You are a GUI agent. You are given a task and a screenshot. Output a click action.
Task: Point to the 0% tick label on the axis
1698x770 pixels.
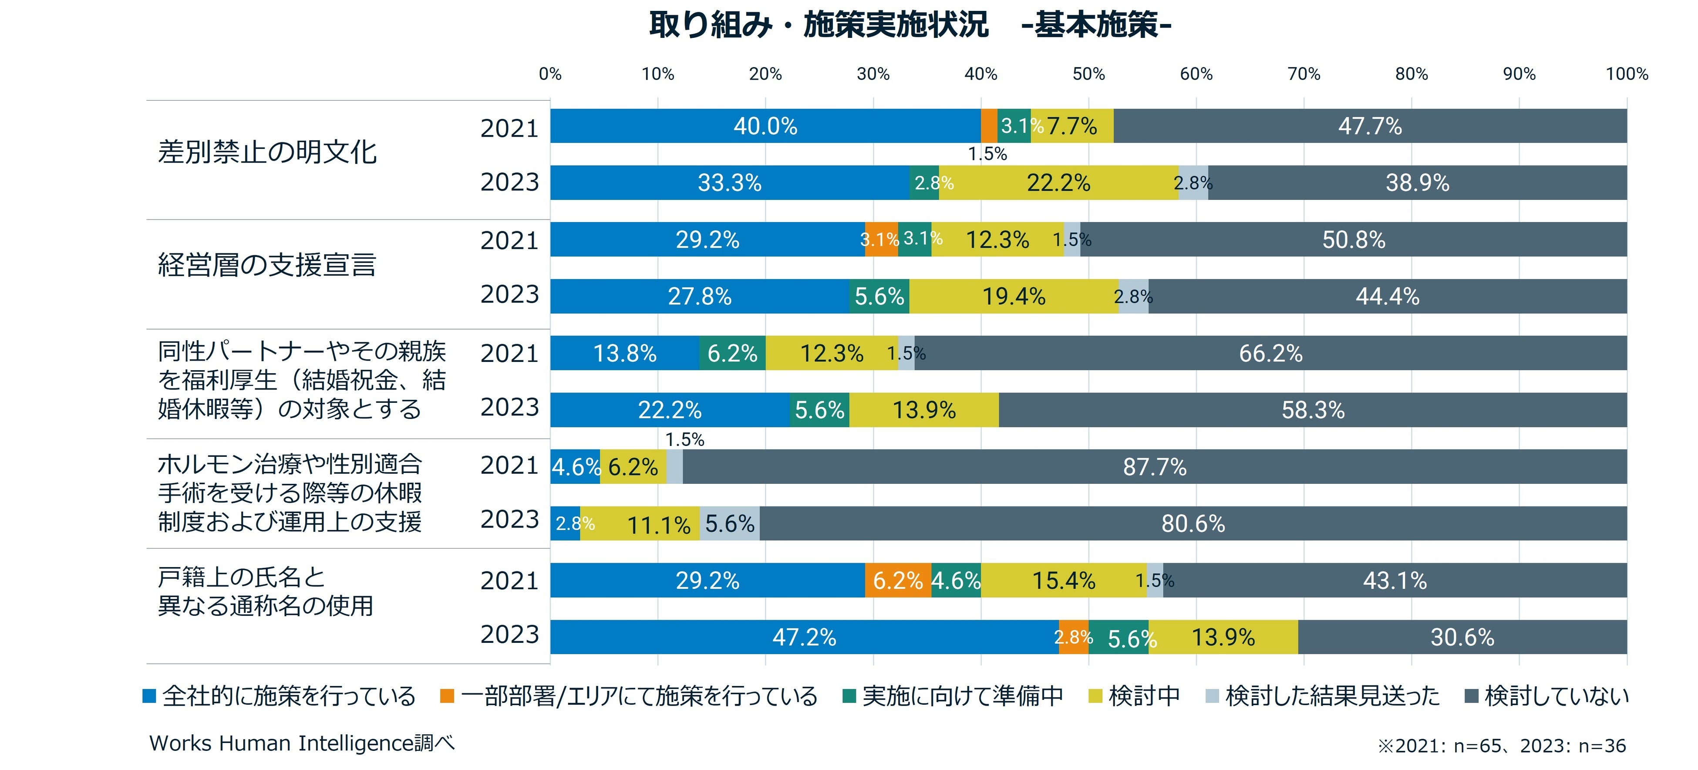550,74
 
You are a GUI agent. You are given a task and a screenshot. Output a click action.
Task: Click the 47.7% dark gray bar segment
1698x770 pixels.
1370,126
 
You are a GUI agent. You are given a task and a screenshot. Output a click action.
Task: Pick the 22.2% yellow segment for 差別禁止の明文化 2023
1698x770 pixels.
1058,182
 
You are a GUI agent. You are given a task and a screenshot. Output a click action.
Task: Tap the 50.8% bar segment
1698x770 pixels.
1353,239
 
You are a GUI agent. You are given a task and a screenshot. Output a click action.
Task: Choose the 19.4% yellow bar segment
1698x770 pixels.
1014,296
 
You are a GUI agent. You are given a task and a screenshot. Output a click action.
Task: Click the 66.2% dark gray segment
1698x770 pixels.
1270,353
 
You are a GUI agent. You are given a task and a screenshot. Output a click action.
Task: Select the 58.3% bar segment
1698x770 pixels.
1312,410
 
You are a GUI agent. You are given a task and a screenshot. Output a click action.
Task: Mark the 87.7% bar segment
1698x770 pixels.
1154,467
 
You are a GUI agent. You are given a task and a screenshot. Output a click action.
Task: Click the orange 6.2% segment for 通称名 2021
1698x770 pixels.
897,580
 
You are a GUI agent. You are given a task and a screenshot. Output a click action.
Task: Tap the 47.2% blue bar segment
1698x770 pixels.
804,637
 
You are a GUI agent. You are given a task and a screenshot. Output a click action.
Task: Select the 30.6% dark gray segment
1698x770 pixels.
1462,637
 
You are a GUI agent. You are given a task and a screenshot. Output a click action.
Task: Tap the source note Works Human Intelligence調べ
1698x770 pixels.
302,743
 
